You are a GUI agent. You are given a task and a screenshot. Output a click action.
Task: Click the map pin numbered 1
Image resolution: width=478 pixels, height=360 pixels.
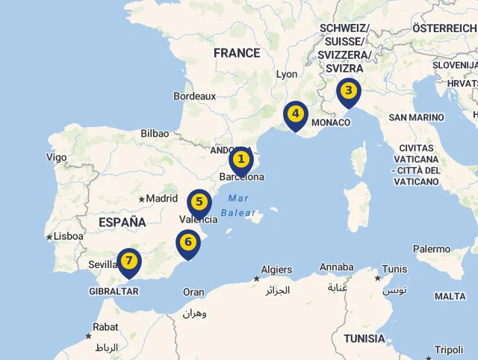240,160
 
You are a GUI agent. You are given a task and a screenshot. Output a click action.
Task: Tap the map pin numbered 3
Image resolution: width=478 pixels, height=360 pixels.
347,93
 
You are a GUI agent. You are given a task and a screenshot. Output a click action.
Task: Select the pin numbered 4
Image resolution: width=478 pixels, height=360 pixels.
296,115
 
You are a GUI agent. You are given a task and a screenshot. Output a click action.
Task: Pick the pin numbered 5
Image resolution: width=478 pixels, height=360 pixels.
199,202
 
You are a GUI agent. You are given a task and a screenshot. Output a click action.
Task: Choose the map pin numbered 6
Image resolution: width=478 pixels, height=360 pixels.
187,243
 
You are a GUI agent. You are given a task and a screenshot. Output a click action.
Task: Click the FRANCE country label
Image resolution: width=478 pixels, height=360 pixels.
237,53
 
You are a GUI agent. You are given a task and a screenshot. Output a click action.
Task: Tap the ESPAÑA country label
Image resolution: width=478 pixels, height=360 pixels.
122,222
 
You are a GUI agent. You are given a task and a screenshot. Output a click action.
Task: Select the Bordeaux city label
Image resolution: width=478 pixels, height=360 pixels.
194,96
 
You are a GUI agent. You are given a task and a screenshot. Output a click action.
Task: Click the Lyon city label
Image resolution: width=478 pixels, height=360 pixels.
287,75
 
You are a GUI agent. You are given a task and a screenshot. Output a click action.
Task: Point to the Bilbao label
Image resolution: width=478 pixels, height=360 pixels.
155,134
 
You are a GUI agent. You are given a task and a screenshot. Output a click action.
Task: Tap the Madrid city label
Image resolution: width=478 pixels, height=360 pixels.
161,199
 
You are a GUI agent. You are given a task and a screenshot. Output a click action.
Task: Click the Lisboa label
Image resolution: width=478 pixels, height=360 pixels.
68,236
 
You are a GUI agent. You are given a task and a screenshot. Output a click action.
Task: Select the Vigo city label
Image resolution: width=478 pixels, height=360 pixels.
56,157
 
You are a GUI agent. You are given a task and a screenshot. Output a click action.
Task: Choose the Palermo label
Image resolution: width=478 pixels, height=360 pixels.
432,249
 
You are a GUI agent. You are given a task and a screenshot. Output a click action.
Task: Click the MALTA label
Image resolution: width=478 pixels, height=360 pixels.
450,297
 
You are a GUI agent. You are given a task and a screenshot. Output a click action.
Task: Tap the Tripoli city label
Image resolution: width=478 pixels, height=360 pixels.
449,350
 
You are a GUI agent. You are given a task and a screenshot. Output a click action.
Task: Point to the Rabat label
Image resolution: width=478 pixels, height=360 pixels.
105,327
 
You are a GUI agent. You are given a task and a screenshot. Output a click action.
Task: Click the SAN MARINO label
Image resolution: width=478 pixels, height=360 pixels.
416,117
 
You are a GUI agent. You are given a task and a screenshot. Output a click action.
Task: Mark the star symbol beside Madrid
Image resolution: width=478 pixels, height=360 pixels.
141,199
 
